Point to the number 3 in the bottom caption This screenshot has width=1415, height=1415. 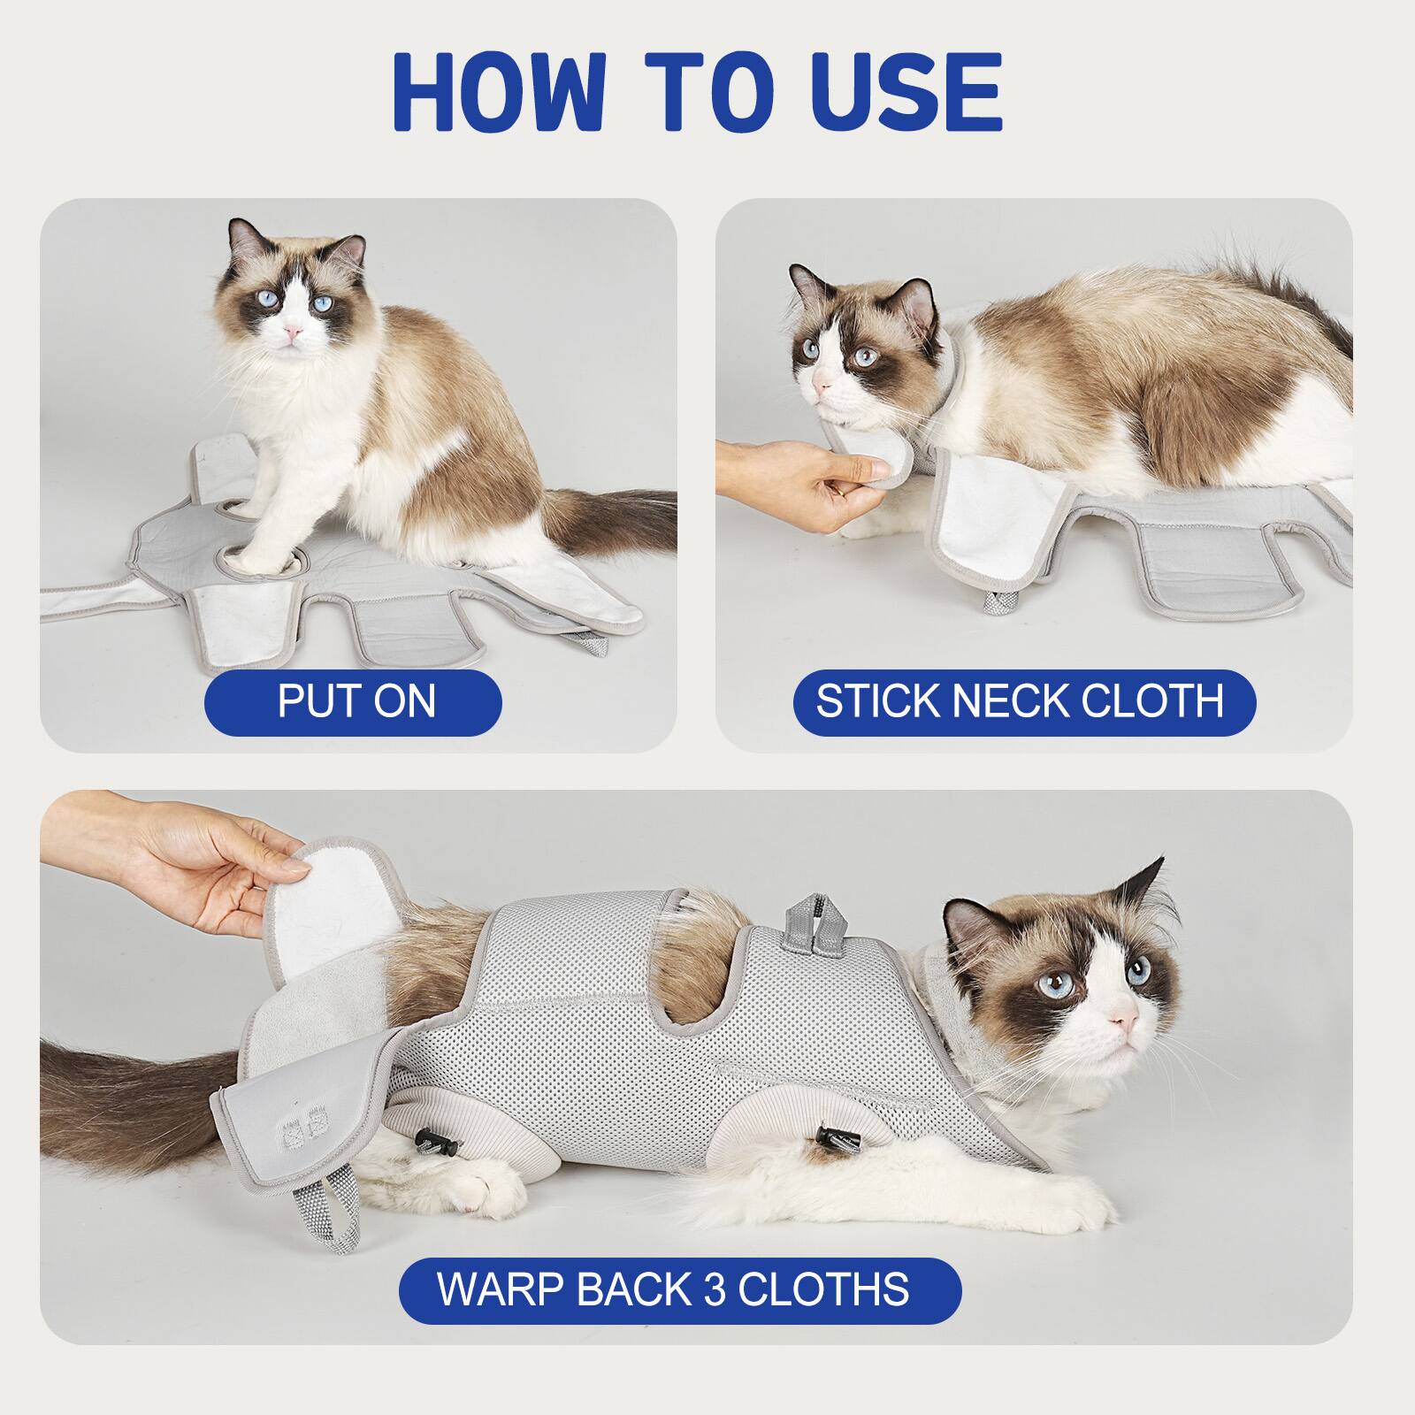pyautogui.click(x=715, y=1289)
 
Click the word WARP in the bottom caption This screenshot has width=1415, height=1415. pyautogui.click(x=501, y=1289)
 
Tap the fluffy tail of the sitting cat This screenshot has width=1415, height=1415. pyautogui.click(x=610, y=526)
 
